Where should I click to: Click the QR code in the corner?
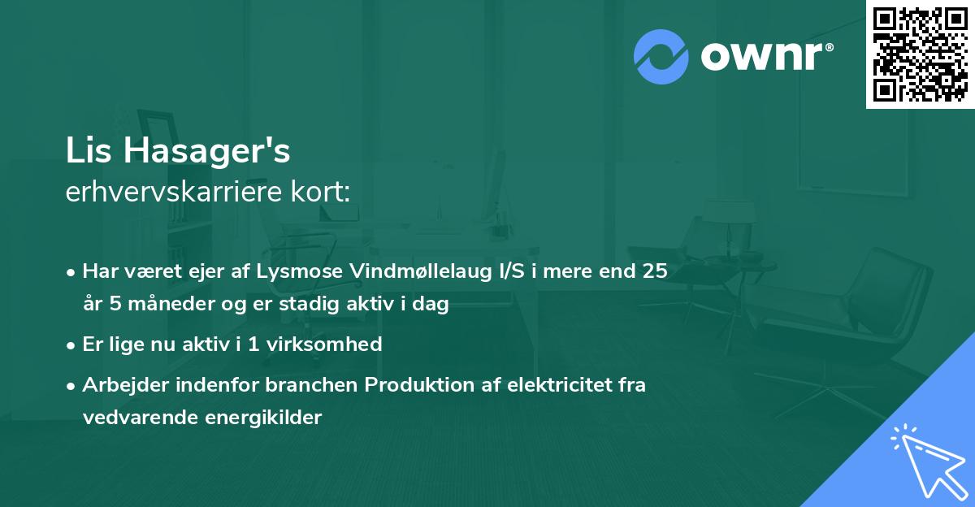coord(920,54)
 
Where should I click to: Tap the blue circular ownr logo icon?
coord(661,56)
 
